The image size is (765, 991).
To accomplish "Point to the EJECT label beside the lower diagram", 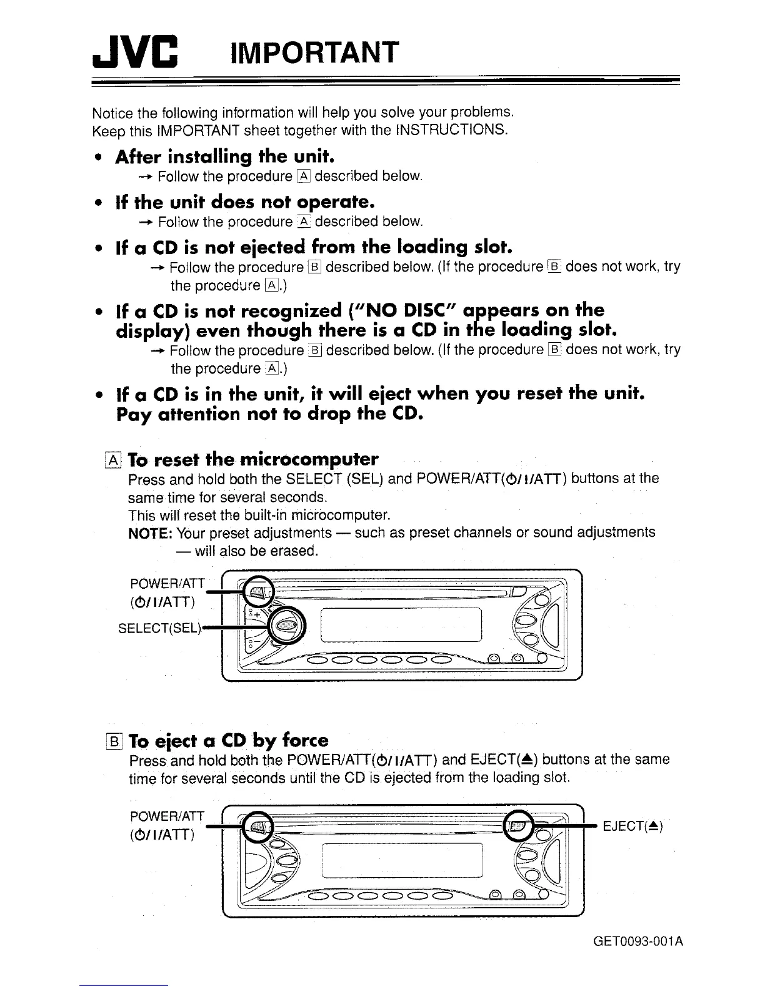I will click(x=632, y=826).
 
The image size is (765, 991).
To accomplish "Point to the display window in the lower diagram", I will click(x=402, y=860).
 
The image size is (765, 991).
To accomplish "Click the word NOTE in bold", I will click(x=150, y=533).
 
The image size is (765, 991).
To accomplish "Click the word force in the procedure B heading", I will click(x=304, y=741).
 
